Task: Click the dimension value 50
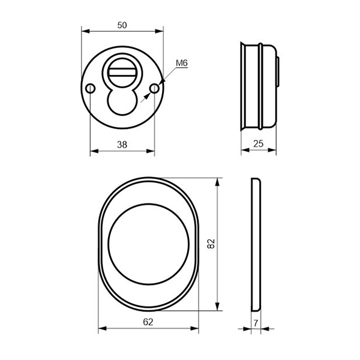122,25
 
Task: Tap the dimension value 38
122,145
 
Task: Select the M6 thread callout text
182,63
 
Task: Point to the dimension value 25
258,144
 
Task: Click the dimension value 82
211,244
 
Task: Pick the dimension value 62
148,322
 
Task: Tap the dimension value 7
256,323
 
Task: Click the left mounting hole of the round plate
90,88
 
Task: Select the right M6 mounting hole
154,88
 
